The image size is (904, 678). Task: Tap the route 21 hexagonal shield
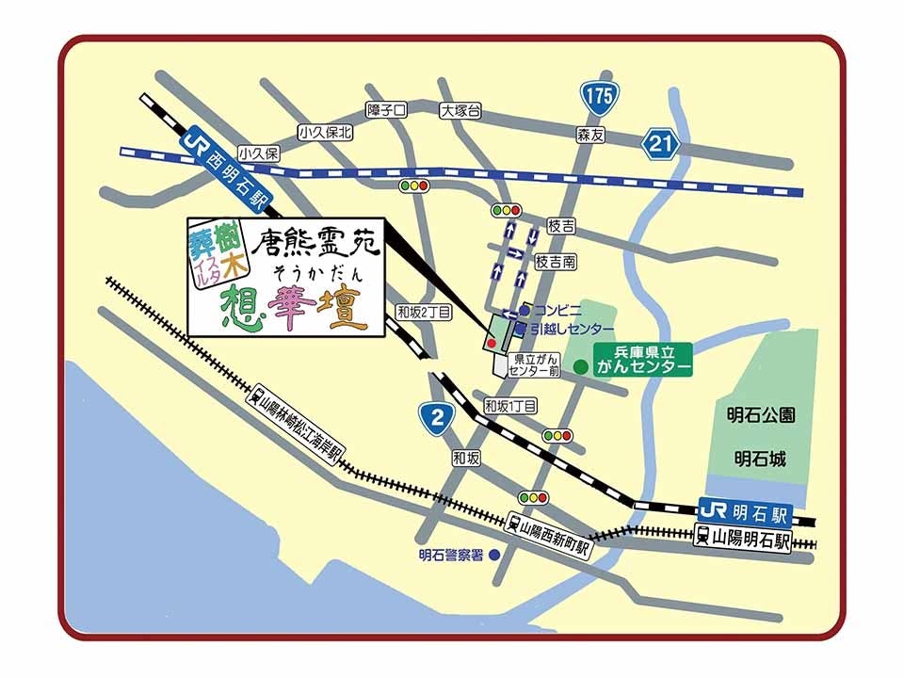click(662, 143)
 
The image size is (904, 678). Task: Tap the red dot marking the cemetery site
click(491, 345)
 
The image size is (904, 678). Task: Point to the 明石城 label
click(761, 460)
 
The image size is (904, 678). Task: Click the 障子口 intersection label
click(387, 110)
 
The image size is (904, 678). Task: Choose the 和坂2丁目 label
click(424, 312)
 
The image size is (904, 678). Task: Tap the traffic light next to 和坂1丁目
click(557, 435)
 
